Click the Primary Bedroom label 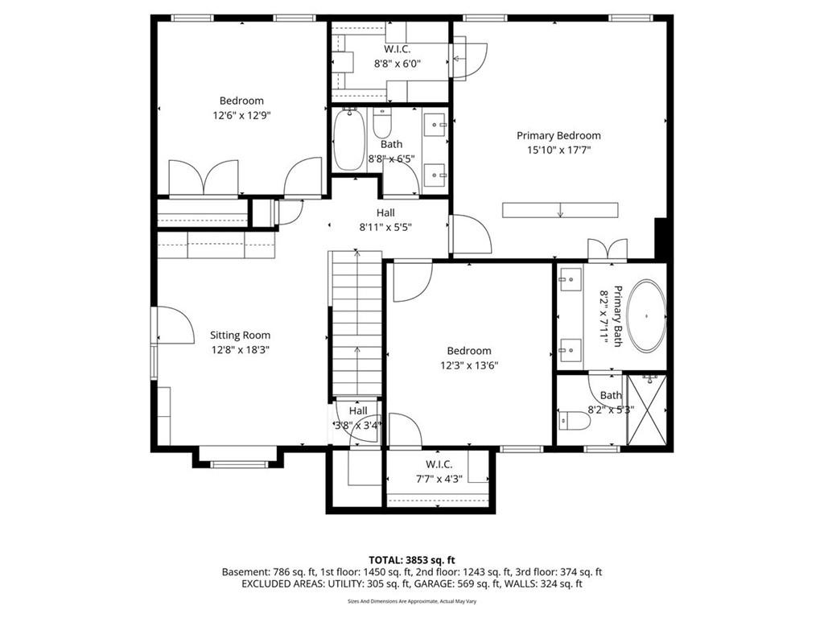[558, 135]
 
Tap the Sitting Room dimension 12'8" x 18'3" [240, 350]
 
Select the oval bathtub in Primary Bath [646, 316]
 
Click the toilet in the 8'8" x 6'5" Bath [381, 123]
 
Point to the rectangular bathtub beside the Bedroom [349, 138]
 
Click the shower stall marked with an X [647, 410]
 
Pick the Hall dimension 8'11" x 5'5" [385, 228]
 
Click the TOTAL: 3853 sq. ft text [411, 560]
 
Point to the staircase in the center [356, 323]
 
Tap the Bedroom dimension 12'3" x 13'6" [469, 365]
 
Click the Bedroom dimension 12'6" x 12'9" [241, 115]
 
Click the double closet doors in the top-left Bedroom [204, 177]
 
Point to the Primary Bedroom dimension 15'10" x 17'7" [559, 150]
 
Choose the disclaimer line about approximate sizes [412, 601]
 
